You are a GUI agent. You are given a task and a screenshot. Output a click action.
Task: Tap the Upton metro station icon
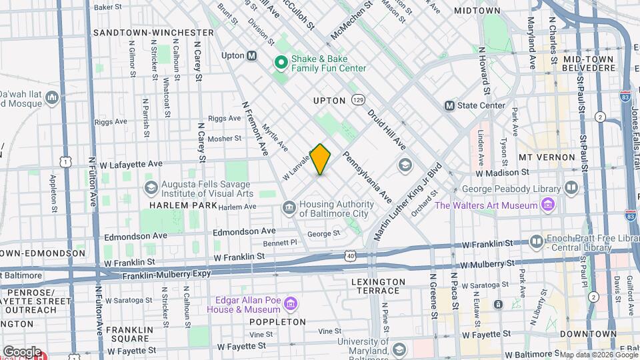pyautogui.click(x=252, y=56)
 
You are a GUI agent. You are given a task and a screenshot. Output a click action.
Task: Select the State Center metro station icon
pyautogui.click(x=449, y=105)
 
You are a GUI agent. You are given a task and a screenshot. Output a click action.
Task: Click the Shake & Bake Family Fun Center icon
pyautogui.click(x=281, y=62)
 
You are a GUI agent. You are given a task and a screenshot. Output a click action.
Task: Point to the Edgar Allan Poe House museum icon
pyautogui.click(x=290, y=305)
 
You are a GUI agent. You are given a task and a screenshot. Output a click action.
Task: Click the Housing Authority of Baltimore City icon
pyautogui.click(x=289, y=208)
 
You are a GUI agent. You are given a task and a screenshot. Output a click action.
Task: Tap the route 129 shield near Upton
pyautogui.click(x=359, y=100)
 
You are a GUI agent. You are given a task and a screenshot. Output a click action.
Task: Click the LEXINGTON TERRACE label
pyautogui.click(x=378, y=287)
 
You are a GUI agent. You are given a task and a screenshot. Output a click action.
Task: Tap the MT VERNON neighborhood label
pyautogui.click(x=546, y=157)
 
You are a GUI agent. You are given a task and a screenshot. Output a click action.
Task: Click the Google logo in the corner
pyautogui.click(x=21, y=351)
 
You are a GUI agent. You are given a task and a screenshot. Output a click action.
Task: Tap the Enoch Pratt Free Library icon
pyautogui.click(x=537, y=241)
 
